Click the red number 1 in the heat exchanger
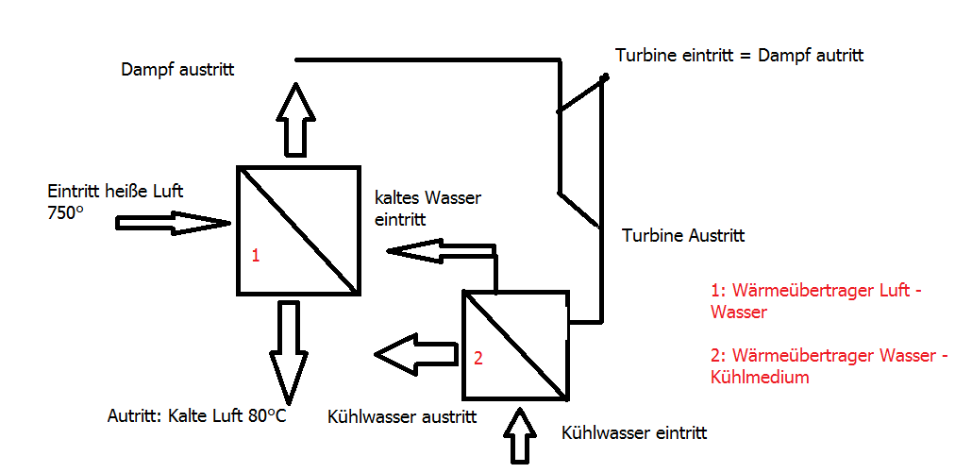(x=256, y=255)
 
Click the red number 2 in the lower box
(x=478, y=358)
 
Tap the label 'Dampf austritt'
(x=178, y=69)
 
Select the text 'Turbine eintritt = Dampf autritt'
(x=740, y=55)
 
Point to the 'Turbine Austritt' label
(x=684, y=236)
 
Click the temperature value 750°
(x=65, y=212)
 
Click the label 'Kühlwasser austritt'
(x=402, y=416)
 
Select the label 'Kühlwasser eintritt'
(x=634, y=432)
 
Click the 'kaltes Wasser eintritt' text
(x=427, y=209)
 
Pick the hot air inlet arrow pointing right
(x=174, y=223)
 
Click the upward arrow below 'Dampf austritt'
(x=295, y=119)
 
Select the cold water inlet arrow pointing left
(x=442, y=251)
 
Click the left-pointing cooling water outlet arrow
(x=416, y=355)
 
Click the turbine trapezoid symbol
(x=579, y=151)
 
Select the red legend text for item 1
(x=814, y=300)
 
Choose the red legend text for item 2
(x=830, y=365)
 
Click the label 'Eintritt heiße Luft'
(x=115, y=191)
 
